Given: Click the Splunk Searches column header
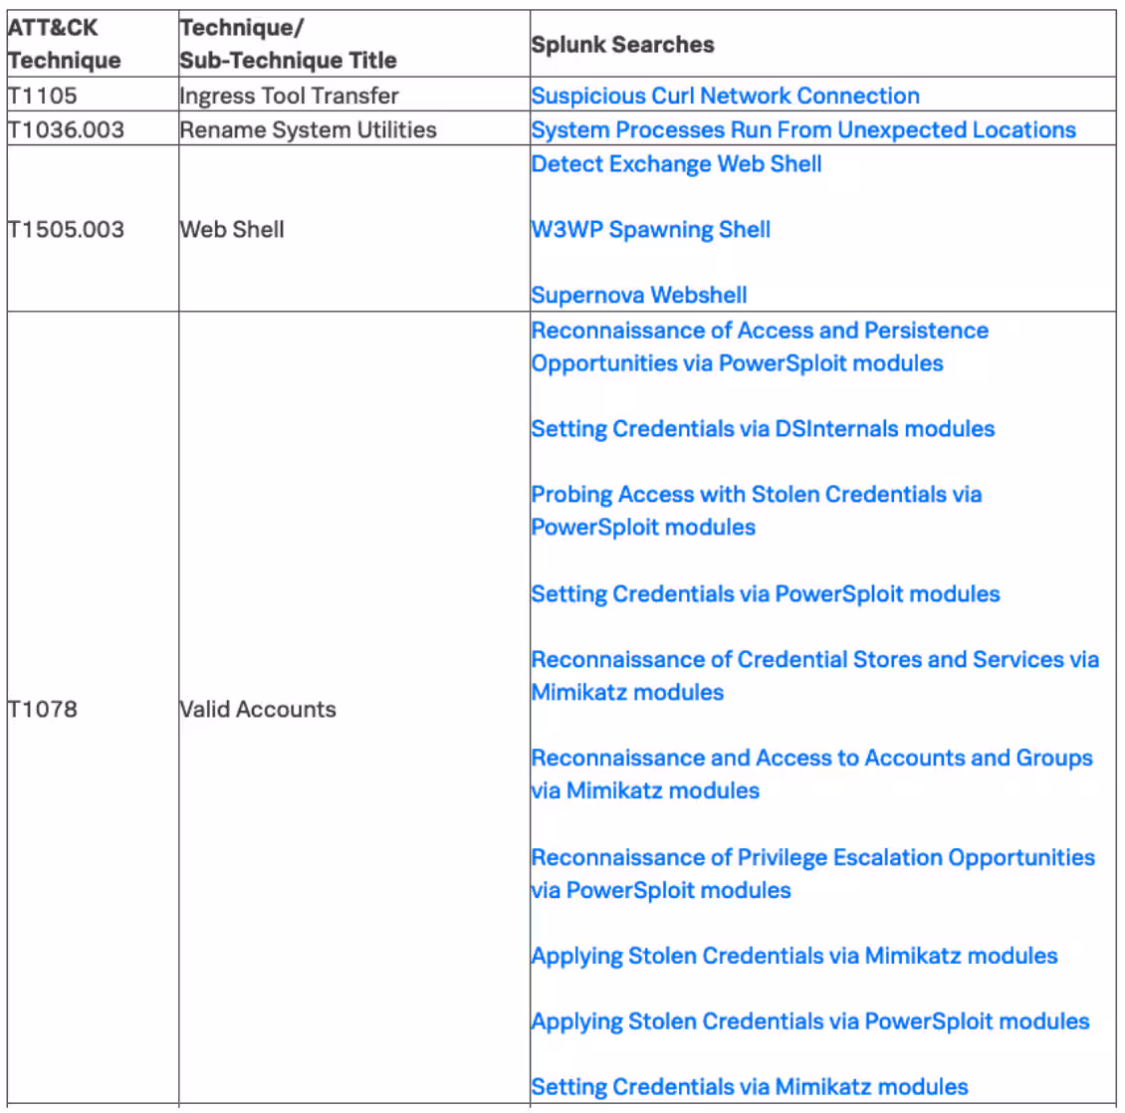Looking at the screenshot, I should click(622, 45).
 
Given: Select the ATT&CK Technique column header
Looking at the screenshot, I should click(64, 44).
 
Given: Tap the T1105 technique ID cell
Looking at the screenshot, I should click(42, 96).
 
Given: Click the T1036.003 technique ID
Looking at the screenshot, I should click(66, 129).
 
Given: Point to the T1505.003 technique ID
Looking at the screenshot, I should click(66, 229).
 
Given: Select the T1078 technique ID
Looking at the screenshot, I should click(42, 709).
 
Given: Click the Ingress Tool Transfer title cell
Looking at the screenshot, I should click(289, 96).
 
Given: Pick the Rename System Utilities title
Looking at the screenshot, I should click(308, 129).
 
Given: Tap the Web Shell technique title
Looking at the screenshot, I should click(232, 229).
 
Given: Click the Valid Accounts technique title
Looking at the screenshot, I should click(258, 709).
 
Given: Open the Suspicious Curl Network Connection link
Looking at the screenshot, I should click(725, 96).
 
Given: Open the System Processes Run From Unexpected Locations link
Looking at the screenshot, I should click(803, 129).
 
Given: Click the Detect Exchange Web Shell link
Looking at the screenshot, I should click(676, 164).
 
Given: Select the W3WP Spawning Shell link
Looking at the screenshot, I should click(651, 229).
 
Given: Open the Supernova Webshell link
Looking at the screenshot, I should click(639, 295).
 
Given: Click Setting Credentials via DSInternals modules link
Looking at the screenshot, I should click(763, 429).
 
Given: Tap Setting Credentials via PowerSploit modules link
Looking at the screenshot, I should click(766, 594).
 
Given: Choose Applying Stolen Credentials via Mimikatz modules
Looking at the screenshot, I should click(794, 956).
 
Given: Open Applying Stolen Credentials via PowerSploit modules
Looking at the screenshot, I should click(810, 1021).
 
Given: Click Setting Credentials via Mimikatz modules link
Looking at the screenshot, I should click(750, 1087).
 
